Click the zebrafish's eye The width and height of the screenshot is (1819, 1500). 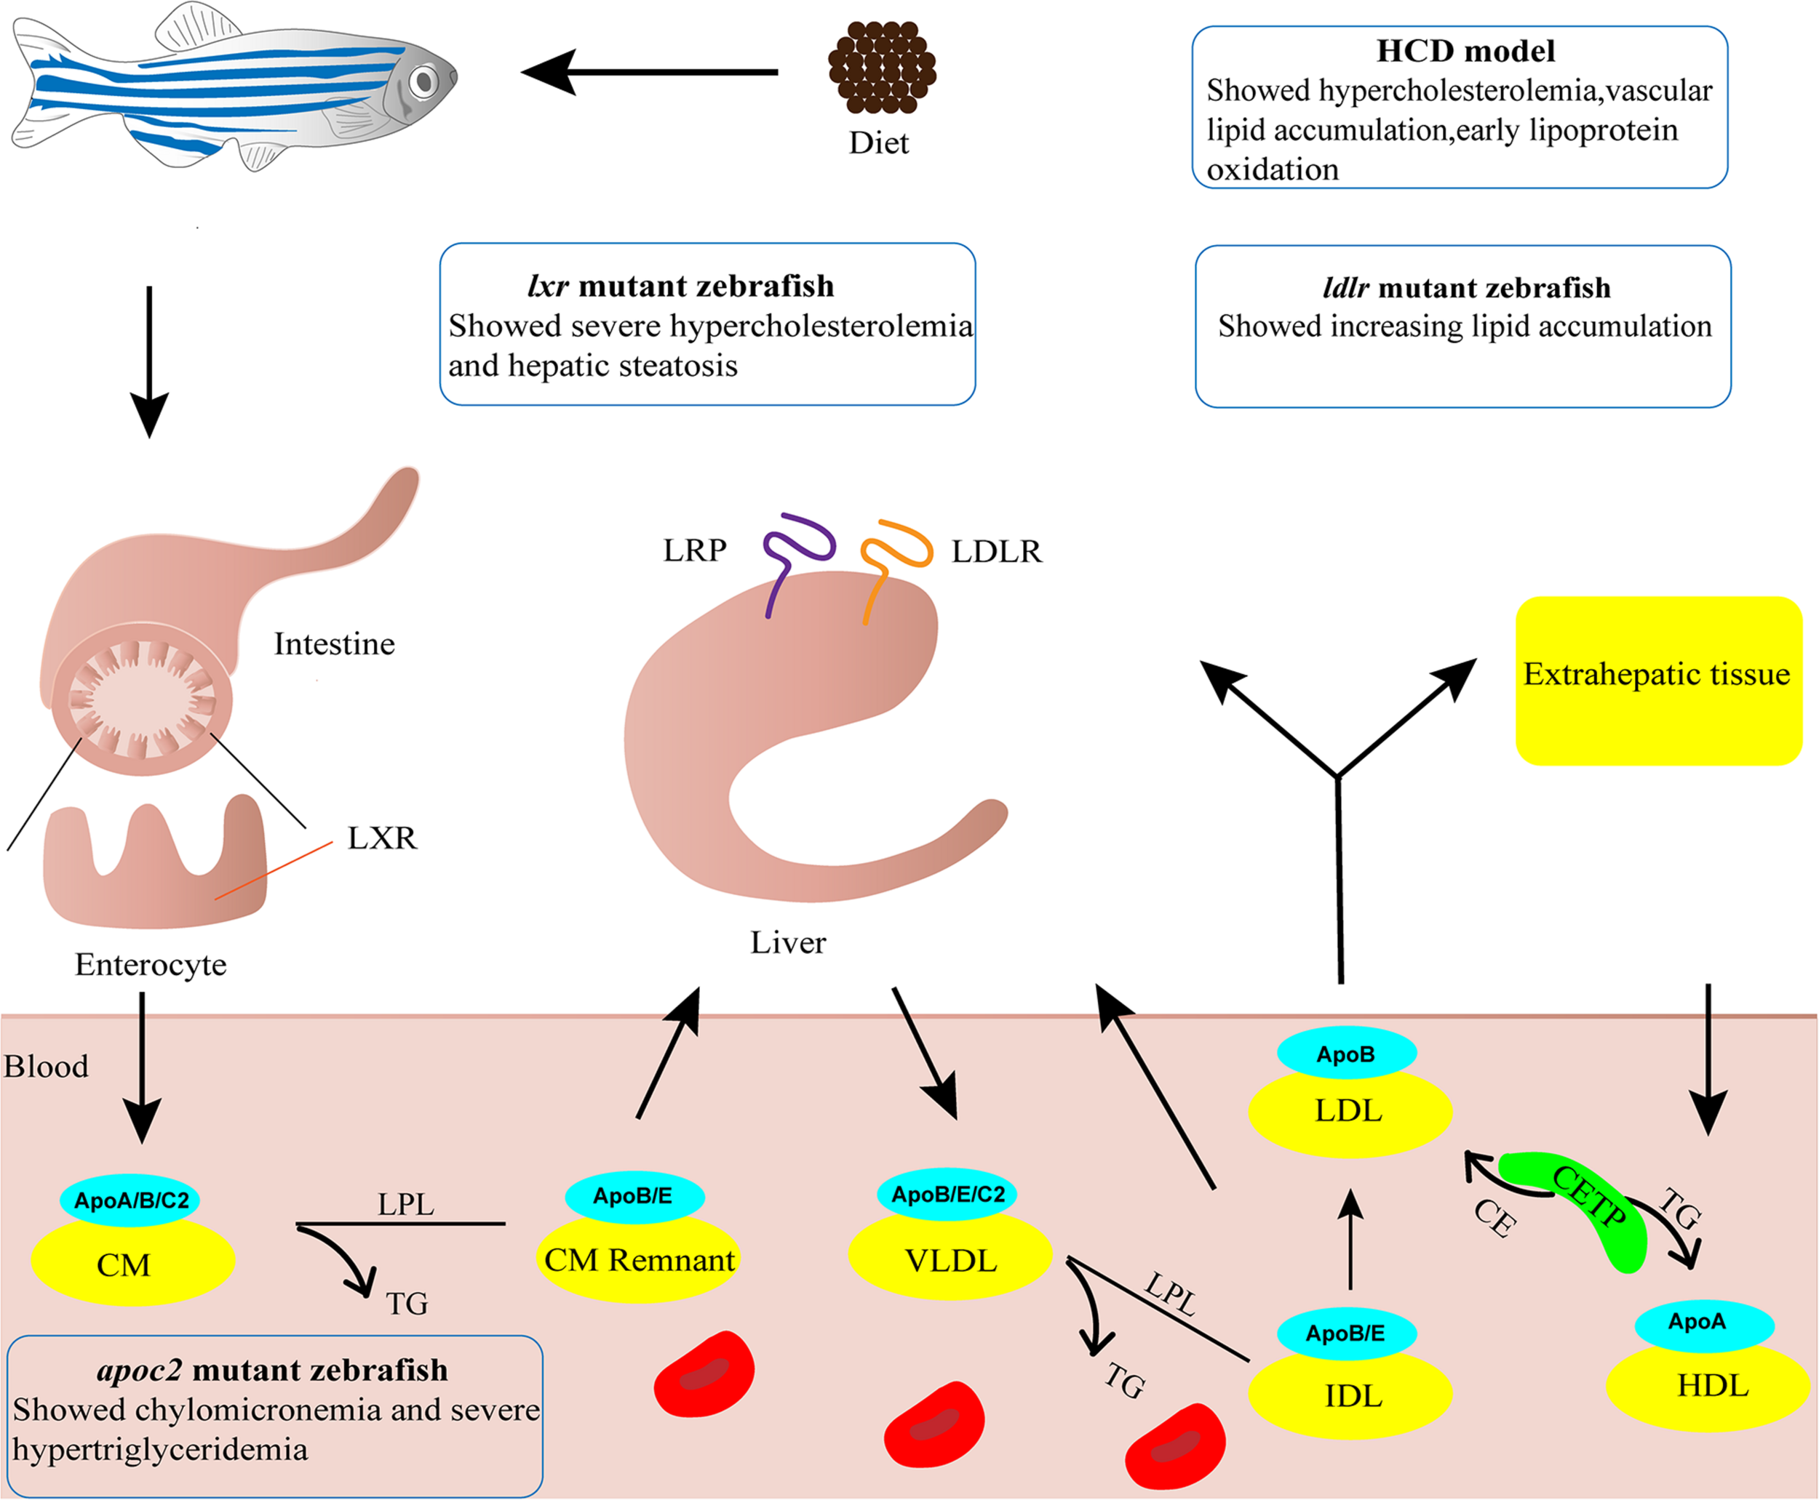click(423, 82)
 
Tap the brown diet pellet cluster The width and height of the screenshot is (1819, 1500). click(882, 68)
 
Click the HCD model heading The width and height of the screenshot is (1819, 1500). click(1465, 51)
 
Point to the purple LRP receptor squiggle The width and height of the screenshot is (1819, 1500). click(795, 553)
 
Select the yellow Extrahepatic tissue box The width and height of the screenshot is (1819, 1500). click(1658, 680)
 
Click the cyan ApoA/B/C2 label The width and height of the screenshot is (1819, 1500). click(130, 1200)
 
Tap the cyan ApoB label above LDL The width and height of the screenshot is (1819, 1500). click(1345, 1054)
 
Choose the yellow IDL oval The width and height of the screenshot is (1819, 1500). click(1350, 1395)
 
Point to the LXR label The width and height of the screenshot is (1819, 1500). click(382, 838)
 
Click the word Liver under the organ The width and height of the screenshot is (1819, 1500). click(787, 942)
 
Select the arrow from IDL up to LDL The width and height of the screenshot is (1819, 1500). click(1350, 1240)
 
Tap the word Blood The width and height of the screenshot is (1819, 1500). click(46, 1066)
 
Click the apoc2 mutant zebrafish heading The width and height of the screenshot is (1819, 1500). click(273, 1371)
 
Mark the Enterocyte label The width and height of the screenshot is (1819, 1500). click(151, 964)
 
